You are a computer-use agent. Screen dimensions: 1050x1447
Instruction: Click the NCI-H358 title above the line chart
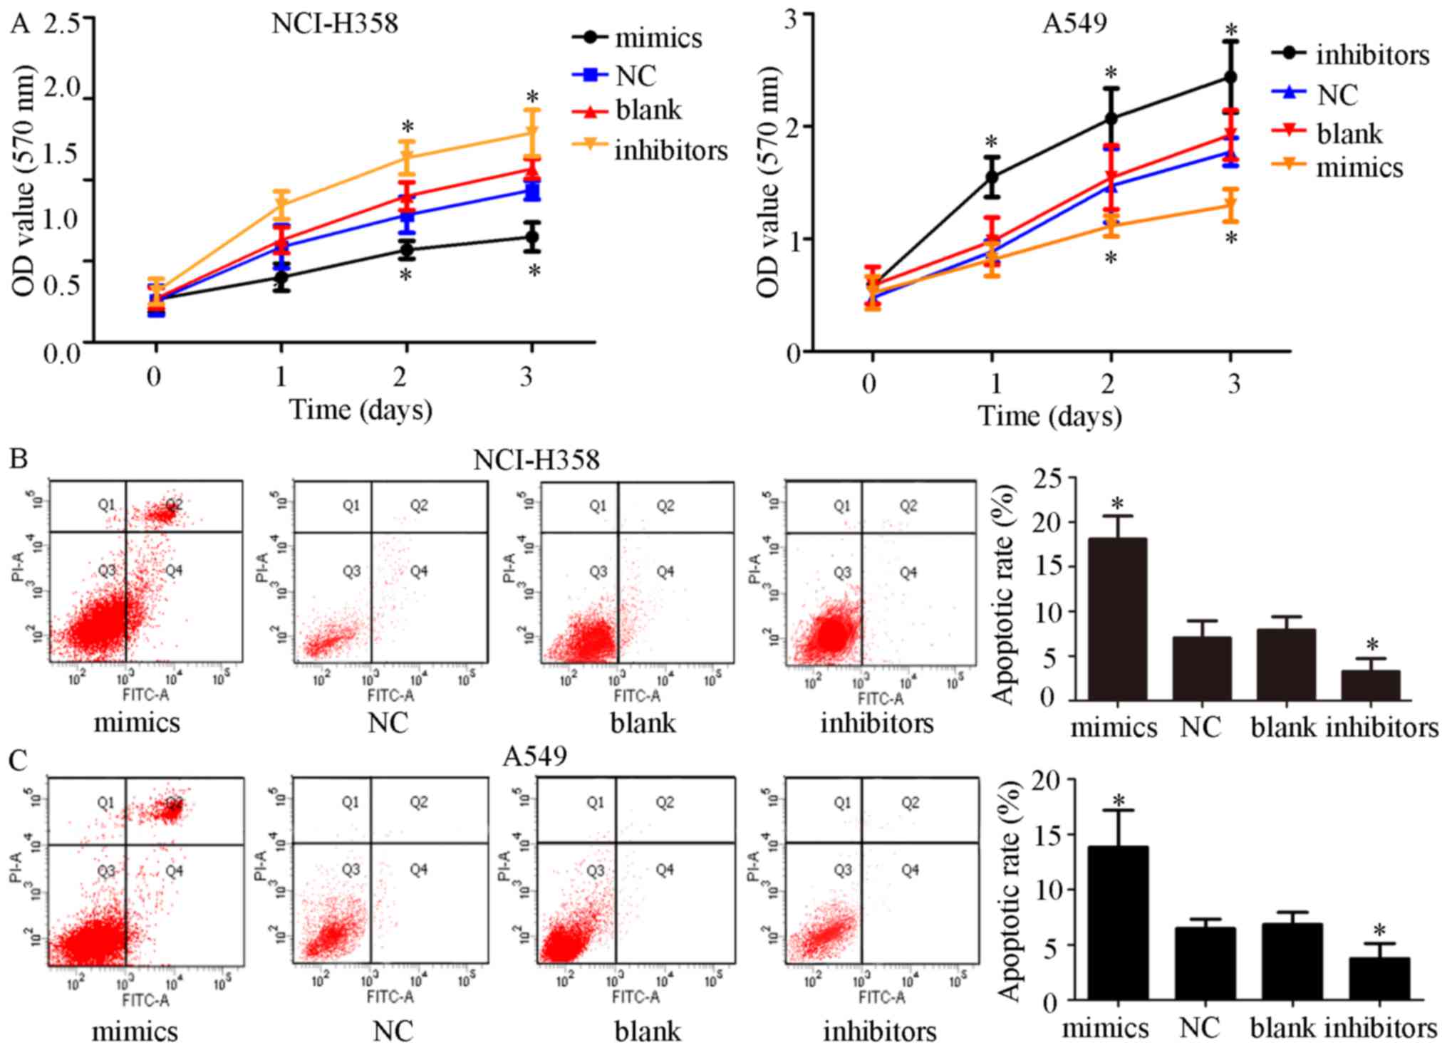click(x=334, y=24)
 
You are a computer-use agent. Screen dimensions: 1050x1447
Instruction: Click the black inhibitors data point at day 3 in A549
click(x=1230, y=78)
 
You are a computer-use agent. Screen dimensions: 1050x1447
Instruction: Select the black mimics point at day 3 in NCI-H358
click(x=531, y=237)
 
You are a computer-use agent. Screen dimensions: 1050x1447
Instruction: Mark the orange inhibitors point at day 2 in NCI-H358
click(x=407, y=157)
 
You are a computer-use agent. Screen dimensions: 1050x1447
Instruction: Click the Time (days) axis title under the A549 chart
click(x=1049, y=416)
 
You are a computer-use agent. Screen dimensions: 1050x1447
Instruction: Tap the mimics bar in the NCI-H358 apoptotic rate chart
click(x=1117, y=618)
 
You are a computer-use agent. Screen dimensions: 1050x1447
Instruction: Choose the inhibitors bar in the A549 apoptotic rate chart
click(x=1379, y=979)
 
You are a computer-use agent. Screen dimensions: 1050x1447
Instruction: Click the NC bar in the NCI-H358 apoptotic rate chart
click(x=1201, y=668)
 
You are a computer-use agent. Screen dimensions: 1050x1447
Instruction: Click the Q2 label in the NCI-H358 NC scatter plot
click(x=419, y=506)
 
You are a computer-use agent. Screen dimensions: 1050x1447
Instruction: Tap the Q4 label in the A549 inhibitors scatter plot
click(x=910, y=870)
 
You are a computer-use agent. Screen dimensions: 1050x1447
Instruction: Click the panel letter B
click(x=19, y=459)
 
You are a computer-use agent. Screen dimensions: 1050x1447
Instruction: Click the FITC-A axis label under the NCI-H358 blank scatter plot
click(x=637, y=695)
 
